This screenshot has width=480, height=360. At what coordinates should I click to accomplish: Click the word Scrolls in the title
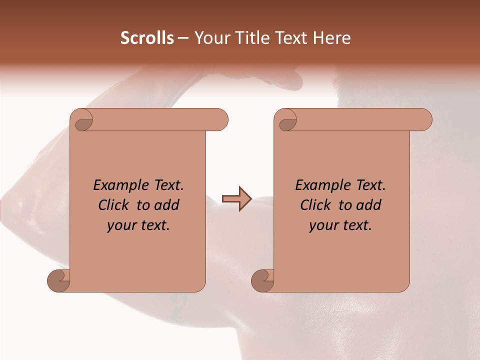coord(147,38)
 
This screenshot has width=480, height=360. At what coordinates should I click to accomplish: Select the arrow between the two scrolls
coord(237,199)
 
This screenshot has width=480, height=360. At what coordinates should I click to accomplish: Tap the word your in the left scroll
coord(120,226)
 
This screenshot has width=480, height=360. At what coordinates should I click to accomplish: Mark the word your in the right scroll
coord(322,226)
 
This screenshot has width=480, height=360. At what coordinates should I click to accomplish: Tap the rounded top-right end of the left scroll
coord(220,120)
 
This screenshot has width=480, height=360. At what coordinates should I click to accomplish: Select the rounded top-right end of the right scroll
coord(424,120)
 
